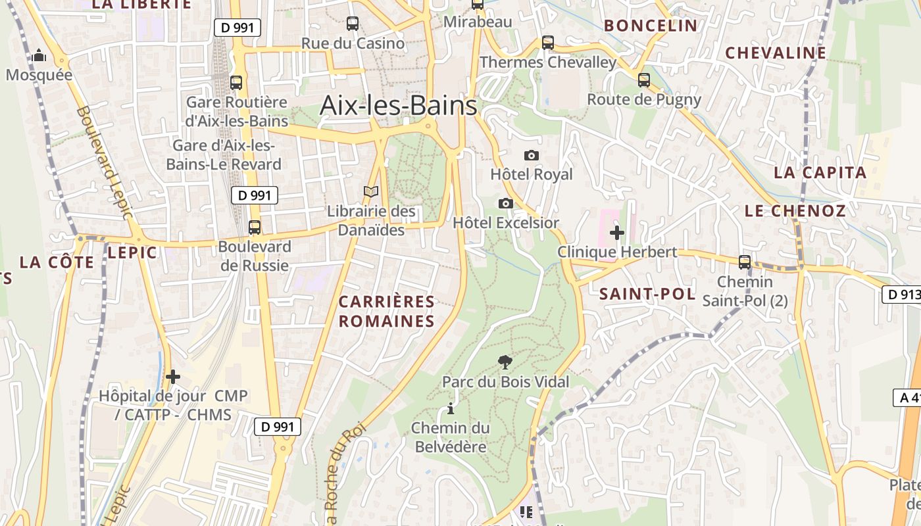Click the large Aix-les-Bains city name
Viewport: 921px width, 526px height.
pos(398,105)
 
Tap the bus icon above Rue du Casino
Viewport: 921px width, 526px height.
pos(353,24)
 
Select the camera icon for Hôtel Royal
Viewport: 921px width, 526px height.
pos(532,155)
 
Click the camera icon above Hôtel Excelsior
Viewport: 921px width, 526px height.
pos(505,203)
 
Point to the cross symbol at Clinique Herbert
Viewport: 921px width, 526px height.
pos(617,232)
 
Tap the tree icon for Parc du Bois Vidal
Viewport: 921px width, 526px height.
pos(505,362)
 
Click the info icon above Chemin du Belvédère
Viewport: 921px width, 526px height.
pos(451,408)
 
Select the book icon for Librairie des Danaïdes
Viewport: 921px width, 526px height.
pos(372,191)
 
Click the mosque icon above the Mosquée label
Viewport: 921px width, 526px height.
pos(39,55)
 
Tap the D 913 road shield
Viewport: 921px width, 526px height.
pos(901,295)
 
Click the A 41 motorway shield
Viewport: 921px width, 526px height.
pos(907,397)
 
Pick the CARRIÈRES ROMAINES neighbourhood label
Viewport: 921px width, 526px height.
pos(387,312)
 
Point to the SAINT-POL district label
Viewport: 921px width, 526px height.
pos(647,294)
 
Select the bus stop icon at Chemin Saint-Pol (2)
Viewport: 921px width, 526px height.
pos(745,262)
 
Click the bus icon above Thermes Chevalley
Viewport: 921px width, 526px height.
pos(548,43)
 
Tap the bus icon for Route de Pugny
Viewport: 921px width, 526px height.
pos(644,80)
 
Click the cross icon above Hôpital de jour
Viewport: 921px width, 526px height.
pos(173,377)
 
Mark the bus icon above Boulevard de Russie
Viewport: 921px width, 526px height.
pos(255,227)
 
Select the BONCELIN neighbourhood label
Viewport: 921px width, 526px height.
pos(650,26)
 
